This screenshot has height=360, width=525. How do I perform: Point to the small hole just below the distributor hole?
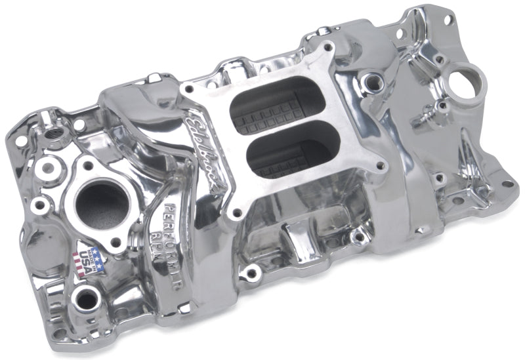click(x=443, y=105)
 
